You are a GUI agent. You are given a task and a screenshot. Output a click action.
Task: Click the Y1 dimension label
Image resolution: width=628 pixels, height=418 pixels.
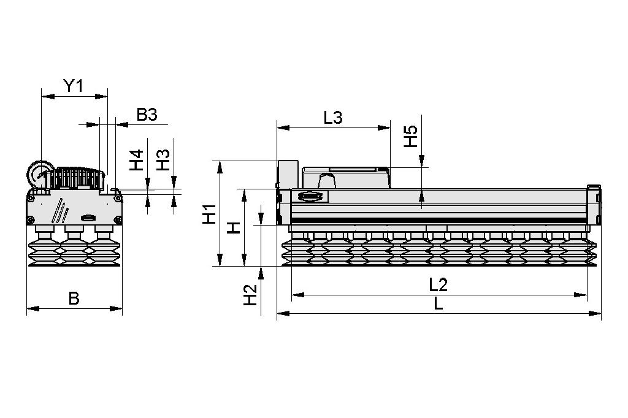point(74,86)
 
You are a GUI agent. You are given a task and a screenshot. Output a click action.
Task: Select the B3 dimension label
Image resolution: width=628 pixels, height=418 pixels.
point(147,115)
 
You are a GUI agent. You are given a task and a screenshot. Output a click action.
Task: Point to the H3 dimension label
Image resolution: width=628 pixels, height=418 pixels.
point(163,161)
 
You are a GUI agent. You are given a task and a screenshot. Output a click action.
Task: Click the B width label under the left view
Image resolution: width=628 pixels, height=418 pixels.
point(74,298)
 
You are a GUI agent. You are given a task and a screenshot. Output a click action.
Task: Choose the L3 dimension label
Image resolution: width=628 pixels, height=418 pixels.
point(332,118)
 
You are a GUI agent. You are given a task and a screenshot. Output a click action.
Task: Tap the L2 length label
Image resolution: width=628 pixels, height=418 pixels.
point(438,284)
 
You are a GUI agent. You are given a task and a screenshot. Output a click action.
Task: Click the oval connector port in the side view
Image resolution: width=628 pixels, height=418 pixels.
point(310,197)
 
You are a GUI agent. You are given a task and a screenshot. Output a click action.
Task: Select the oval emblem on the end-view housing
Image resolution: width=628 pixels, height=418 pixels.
point(87,217)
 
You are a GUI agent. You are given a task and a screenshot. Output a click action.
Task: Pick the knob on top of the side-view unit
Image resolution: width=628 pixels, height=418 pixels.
point(326,181)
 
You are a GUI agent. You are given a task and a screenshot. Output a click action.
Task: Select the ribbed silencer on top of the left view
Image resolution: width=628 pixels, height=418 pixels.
point(77,178)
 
